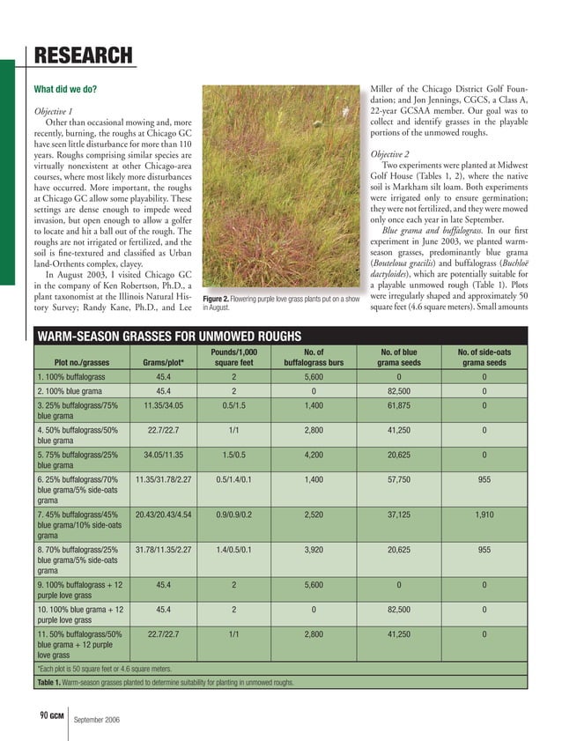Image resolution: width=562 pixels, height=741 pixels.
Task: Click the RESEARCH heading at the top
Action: pyautogui.click(x=83, y=57)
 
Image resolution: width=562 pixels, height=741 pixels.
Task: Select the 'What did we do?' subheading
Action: pyautogui.click(x=65, y=90)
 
